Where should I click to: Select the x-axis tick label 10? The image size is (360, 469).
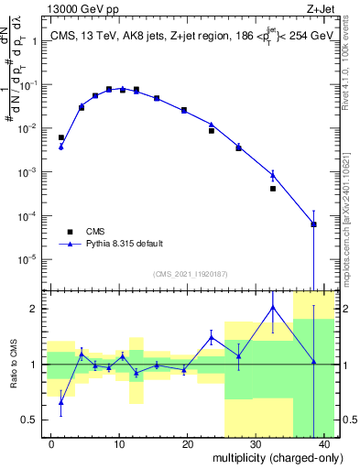pyautogui.click(x=119, y=444)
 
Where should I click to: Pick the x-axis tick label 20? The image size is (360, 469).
pyautogui.click(x=187, y=444)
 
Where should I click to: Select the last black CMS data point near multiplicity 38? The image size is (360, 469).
pyautogui.click(x=313, y=224)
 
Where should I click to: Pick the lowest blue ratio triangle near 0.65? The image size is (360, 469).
pyautogui.click(x=61, y=402)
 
